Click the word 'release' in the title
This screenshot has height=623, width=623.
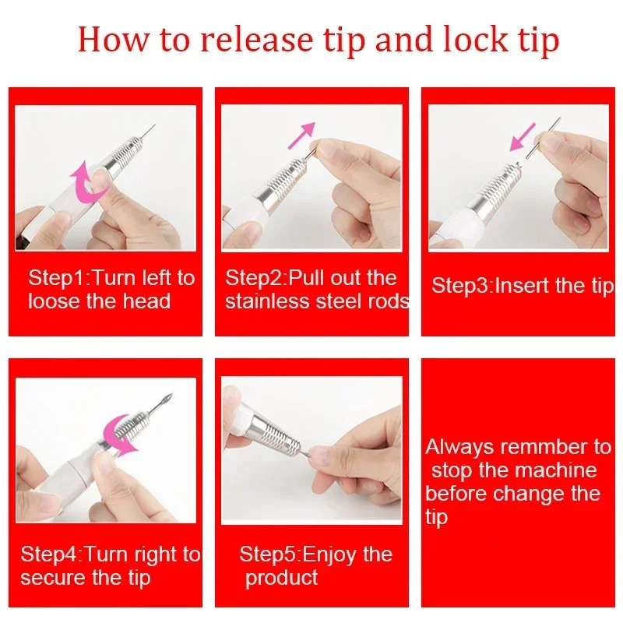[252, 40]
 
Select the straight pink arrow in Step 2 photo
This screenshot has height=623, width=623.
[301, 134]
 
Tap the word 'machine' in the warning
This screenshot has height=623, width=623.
[558, 470]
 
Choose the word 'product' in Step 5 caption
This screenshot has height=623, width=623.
[282, 578]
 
